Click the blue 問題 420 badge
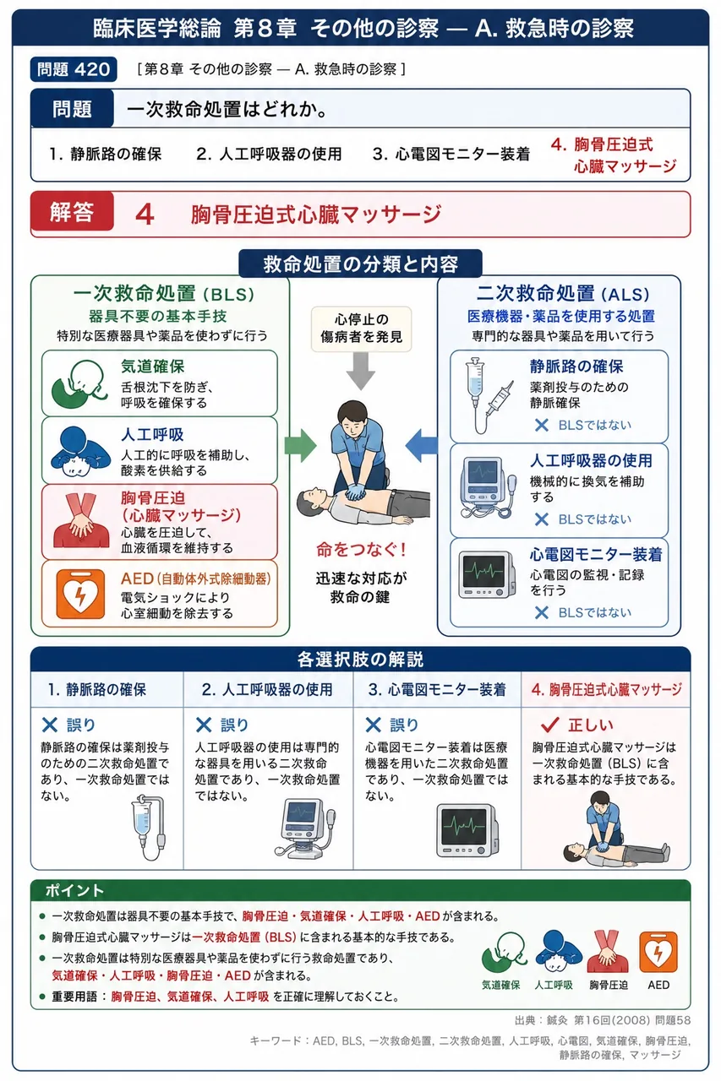74,69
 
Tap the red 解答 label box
72,211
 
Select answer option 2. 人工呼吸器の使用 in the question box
269,154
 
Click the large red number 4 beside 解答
145,215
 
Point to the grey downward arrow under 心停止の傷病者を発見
361,371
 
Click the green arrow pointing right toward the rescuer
300,445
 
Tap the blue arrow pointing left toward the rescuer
421,445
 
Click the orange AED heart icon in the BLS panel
80,594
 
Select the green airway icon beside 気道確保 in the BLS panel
79,384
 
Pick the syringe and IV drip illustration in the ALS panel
489,395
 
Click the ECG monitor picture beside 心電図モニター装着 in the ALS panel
487,575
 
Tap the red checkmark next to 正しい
550,725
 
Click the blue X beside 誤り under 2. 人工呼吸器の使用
204,725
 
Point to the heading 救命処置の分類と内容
360,264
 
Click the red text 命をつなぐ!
361,549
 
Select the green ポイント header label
74,890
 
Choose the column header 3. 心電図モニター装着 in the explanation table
437,690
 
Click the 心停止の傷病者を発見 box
361,329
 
